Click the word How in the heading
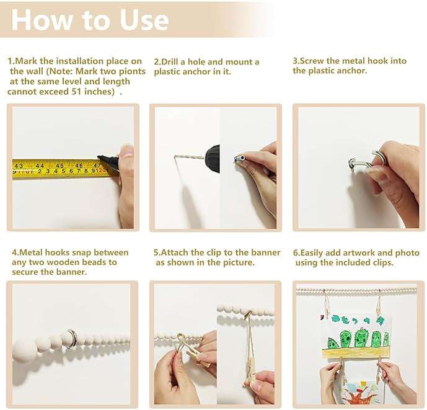coord(42,20)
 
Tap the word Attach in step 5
coord(175,252)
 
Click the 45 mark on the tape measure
coord(59,166)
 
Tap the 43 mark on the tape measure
coord(19,166)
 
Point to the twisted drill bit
coord(189,157)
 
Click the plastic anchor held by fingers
coord(240,158)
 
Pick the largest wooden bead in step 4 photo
coord(25,350)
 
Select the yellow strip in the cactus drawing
coord(356,353)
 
